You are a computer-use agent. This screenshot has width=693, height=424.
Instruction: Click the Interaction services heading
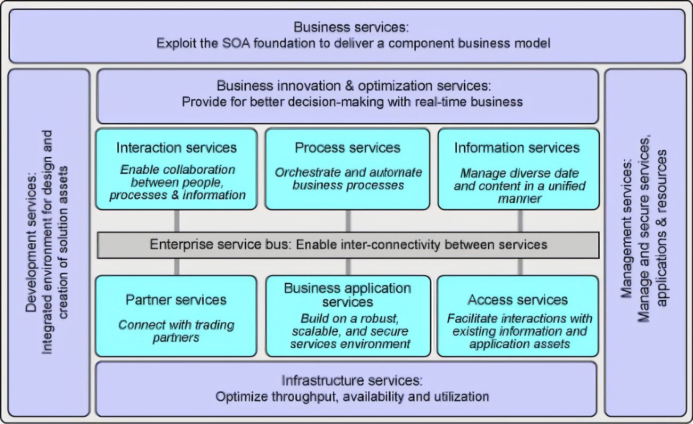pos(176,148)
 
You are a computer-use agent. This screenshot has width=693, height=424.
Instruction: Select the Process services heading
pos(348,148)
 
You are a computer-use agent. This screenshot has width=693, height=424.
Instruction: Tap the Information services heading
pos(517,148)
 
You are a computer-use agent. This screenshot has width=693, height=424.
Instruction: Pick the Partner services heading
pos(176,300)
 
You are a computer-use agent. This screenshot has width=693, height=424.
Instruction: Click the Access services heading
pos(518,300)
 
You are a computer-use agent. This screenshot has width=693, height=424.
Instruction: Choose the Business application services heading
pos(348,295)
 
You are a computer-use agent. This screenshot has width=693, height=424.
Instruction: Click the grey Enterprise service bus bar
pos(348,245)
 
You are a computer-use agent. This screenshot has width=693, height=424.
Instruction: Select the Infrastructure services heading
pos(352,381)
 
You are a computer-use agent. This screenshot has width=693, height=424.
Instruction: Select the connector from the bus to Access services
pos(519,267)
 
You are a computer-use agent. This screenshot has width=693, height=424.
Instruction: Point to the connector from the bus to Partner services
pos(176,267)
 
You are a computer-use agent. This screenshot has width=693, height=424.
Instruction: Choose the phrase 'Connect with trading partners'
pos(176,331)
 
